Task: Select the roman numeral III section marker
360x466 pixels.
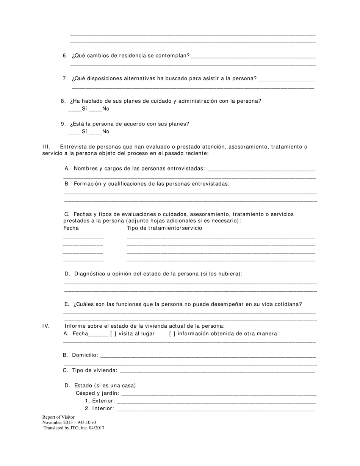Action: click(x=46, y=147)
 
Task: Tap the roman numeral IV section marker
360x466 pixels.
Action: click(x=46, y=326)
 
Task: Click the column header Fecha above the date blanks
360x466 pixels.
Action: click(x=71, y=228)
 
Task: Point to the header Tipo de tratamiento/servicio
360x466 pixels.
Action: click(x=164, y=228)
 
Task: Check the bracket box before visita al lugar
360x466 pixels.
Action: click(x=113, y=334)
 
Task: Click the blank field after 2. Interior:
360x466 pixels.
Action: click(x=215, y=409)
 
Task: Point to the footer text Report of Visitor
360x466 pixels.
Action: click(x=58, y=417)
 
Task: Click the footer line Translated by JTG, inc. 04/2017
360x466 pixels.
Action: click(x=74, y=428)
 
